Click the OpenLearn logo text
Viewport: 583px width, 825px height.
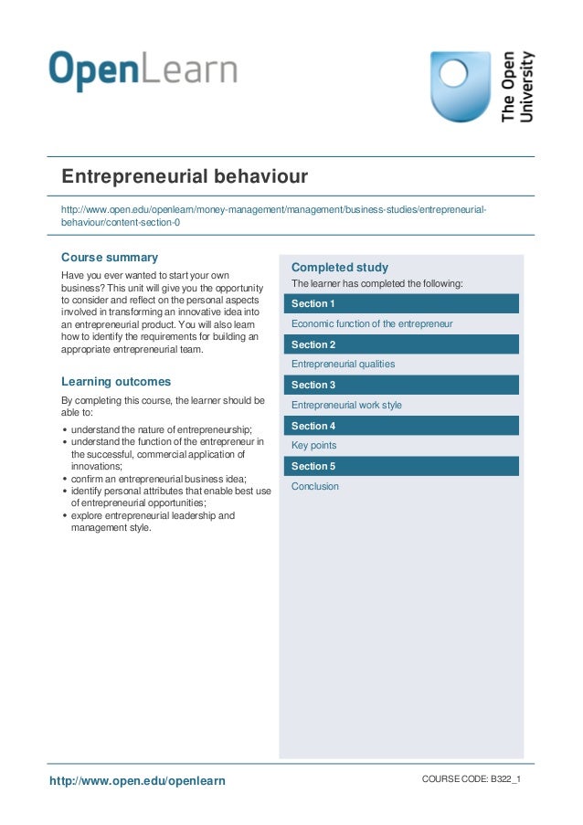click(x=143, y=71)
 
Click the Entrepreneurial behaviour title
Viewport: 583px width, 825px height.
click(x=185, y=175)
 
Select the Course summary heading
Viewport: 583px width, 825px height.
click(x=110, y=258)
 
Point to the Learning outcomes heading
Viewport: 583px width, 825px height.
click(x=116, y=382)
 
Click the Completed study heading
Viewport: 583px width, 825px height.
click(x=340, y=268)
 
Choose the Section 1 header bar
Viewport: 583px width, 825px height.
click(x=401, y=303)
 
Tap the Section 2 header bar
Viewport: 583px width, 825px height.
click(x=401, y=344)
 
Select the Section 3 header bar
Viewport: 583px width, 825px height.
click(x=401, y=386)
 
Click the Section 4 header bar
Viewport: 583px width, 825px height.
click(x=401, y=426)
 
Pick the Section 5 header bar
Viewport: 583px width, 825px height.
click(x=401, y=467)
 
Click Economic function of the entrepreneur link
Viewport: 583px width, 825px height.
click(x=372, y=323)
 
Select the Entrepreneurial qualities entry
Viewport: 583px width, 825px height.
click(x=343, y=364)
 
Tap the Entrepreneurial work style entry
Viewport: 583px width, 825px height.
click(x=346, y=405)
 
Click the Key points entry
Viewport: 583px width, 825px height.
click(x=313, y=446)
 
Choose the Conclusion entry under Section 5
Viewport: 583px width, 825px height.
click(x=315, y=487)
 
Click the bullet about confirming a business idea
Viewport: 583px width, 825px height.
click(x=158, y=478)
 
